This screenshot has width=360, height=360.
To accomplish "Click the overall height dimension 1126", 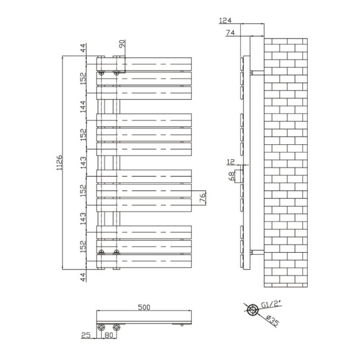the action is pyautogui.click(x=59, y=163).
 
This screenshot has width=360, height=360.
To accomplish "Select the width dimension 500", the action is pyautogui.click(x=144, y=307).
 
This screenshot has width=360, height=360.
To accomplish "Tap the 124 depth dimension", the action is pyautogui.click(x=225, y=21).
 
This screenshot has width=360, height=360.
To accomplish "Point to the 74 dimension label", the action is pyautogui.click(x=230, y=33).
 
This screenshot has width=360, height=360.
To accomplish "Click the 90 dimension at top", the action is pyautogui.click(x=122, y=44).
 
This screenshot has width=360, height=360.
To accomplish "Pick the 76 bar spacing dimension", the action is pyautogui.click(x=203, y=198).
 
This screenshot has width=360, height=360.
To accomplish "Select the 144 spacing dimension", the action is pyautogui.click(x=83, y=107).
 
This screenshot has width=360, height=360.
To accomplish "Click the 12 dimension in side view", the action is pyautogui.click(x=231, y=162).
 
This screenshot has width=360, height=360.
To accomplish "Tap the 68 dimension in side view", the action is pyautogui.click(x=231, y=176).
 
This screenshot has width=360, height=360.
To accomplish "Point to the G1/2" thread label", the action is pyautogui.click(x=271, y=304).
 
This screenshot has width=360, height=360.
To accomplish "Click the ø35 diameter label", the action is pyautogui.click(x=273, y=320).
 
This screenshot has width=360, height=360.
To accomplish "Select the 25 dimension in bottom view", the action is pyautogui.click(x=86, y=335).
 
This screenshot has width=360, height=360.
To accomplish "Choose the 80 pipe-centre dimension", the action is pyautogui.click(x=109, y=335).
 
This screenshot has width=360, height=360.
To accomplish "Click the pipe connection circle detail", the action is pyautogui.click(x=253, y=310).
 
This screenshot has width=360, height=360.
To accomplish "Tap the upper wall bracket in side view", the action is pyautogui.click(x=257, y=73).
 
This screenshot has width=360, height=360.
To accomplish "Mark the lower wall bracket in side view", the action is pyautogui.click(x=257, y=252).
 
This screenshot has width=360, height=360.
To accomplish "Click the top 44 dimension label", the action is pyautogui.click(x=83, y=48).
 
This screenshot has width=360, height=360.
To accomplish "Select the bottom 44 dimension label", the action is pyautogui.click(x=83, y=277).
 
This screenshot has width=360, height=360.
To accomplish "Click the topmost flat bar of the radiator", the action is pyautogui.click(x=144, y=64).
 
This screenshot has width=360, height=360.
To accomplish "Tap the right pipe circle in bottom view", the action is pyautogui.click(x=116, y=327).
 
